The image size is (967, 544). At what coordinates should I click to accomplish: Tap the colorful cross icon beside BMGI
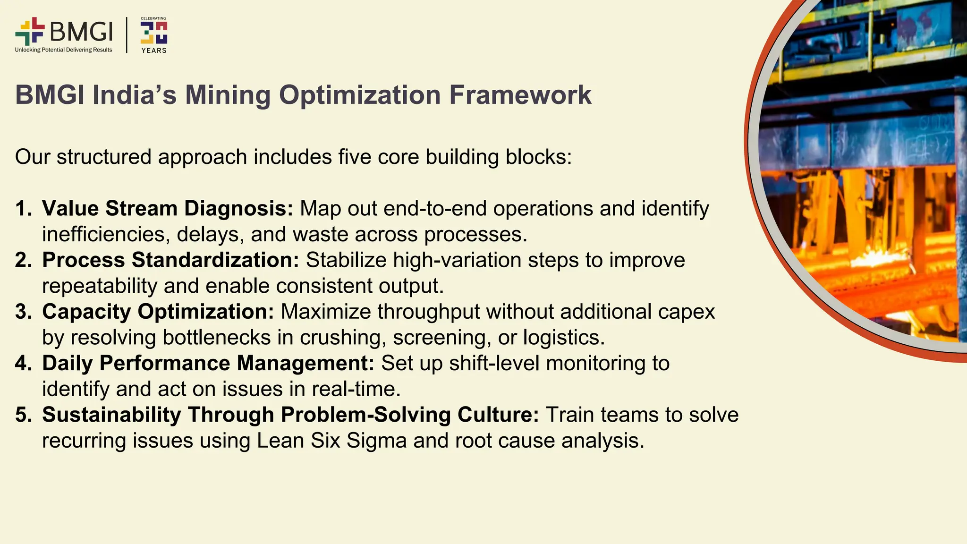tap(30, 32)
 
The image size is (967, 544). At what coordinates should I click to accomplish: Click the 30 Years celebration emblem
tap(154, 35)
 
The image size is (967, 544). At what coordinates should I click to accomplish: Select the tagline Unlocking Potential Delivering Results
tap(64, 50)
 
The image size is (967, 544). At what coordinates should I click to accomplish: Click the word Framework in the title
tap(520, 95)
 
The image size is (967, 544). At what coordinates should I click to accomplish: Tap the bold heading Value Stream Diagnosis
tap(168, 209)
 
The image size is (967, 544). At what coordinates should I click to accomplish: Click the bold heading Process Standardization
tap(170, 260)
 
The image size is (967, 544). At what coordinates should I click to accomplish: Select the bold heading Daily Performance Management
tap(208, 363)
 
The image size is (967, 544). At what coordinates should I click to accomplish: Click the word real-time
tap(356, 389)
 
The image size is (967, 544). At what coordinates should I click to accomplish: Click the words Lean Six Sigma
tap(331, 441)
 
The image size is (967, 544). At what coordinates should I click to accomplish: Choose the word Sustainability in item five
tap(111, 415)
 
